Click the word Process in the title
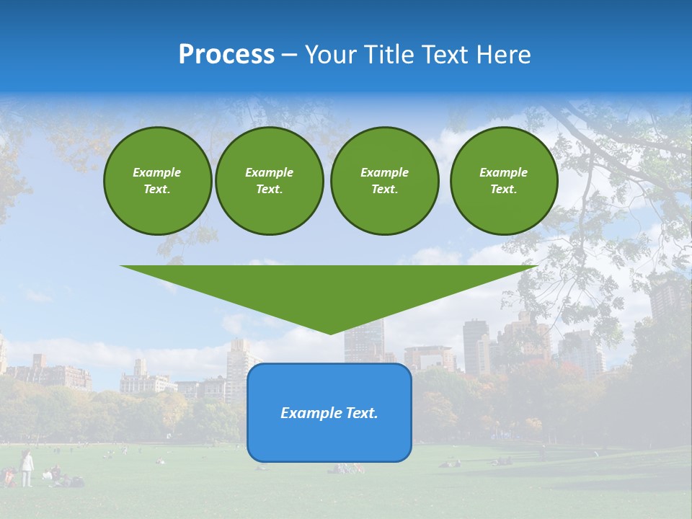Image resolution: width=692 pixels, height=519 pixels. click(x=226, y=55)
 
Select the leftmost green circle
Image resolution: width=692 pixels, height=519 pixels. click(x=157, y=181)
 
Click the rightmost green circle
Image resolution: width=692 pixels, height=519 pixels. click(x=503, y=181)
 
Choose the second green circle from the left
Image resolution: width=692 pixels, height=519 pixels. click(x=269, y=181)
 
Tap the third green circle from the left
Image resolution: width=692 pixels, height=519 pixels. click(x=384, y=181)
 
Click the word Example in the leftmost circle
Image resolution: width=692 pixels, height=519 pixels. click(x=156, y=172)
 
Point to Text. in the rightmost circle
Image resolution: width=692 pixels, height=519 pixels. click(x=503, y=190)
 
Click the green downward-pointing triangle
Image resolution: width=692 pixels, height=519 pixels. click(x=329, y=288)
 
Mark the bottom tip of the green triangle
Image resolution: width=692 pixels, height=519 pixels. click(x=329, y=333)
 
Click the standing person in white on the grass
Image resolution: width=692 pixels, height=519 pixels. click(x=27, y=469)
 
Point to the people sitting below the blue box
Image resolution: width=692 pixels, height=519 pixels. click(x=347, y=469)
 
